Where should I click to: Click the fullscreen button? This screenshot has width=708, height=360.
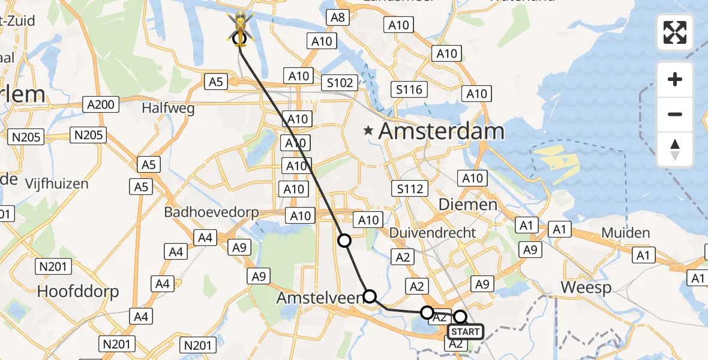675,32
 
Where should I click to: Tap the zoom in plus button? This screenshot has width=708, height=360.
675,79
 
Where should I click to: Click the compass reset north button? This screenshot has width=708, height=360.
675,149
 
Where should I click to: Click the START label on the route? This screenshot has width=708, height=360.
465,332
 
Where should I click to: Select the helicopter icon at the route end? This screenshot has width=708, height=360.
239,28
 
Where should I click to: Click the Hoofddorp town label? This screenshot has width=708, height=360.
78,292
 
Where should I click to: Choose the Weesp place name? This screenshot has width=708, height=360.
586,288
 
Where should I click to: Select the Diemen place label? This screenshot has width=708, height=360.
468,205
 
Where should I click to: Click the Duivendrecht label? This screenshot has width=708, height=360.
433,233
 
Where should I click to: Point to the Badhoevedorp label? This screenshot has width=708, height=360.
212,212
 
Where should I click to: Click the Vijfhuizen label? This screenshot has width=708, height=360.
57,184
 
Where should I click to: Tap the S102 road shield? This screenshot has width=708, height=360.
340,83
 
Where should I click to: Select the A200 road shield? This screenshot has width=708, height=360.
100,105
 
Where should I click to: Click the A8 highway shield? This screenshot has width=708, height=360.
338,17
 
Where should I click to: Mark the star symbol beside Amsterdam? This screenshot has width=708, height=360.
368,130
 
